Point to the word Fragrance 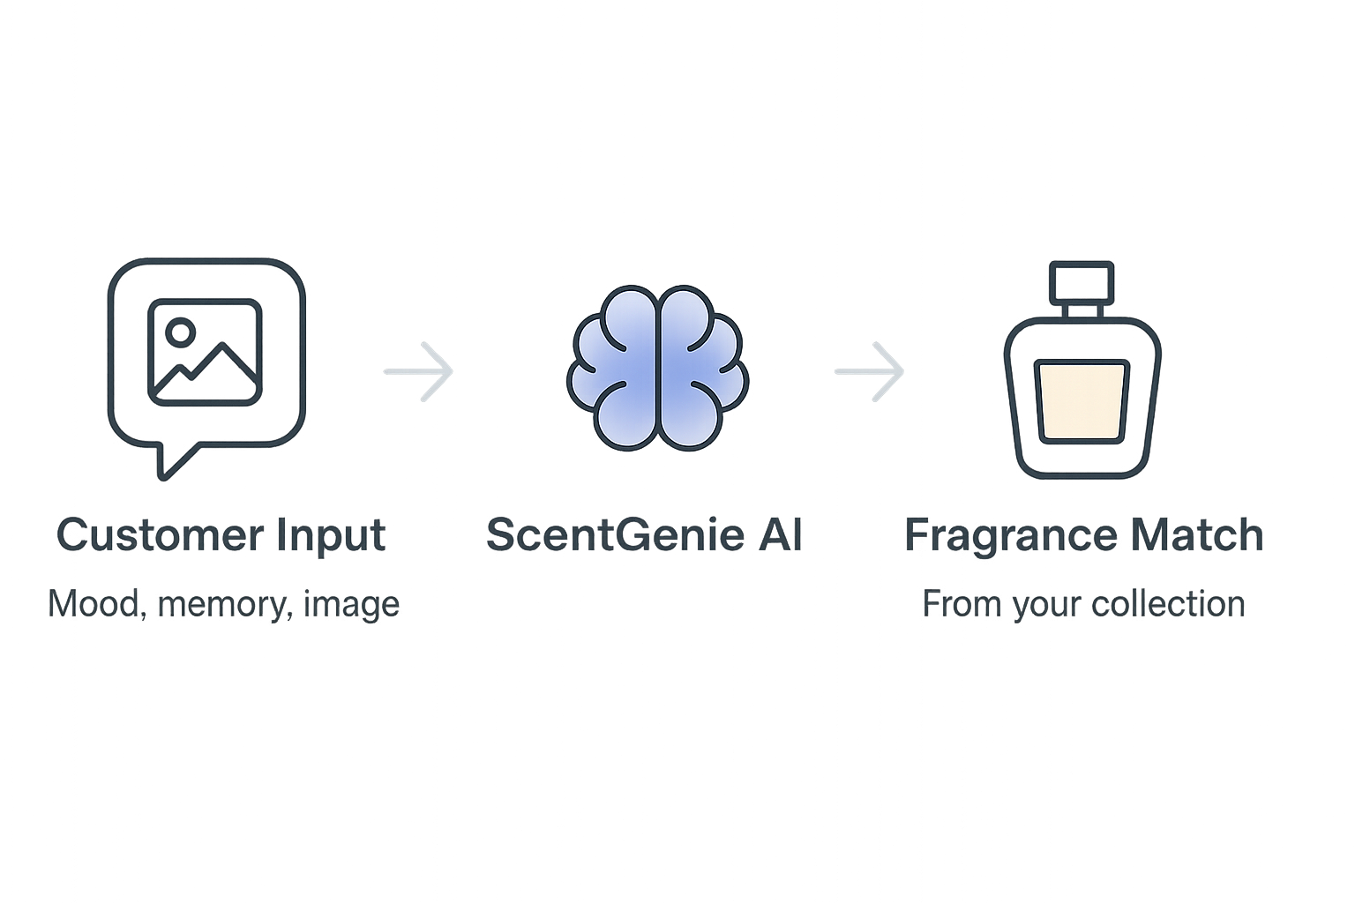click(995, 535)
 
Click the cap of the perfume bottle click(1083, 282)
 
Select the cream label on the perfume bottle click(1083, 402)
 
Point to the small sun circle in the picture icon click(182, 332)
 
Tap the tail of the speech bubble click(168, 464)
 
